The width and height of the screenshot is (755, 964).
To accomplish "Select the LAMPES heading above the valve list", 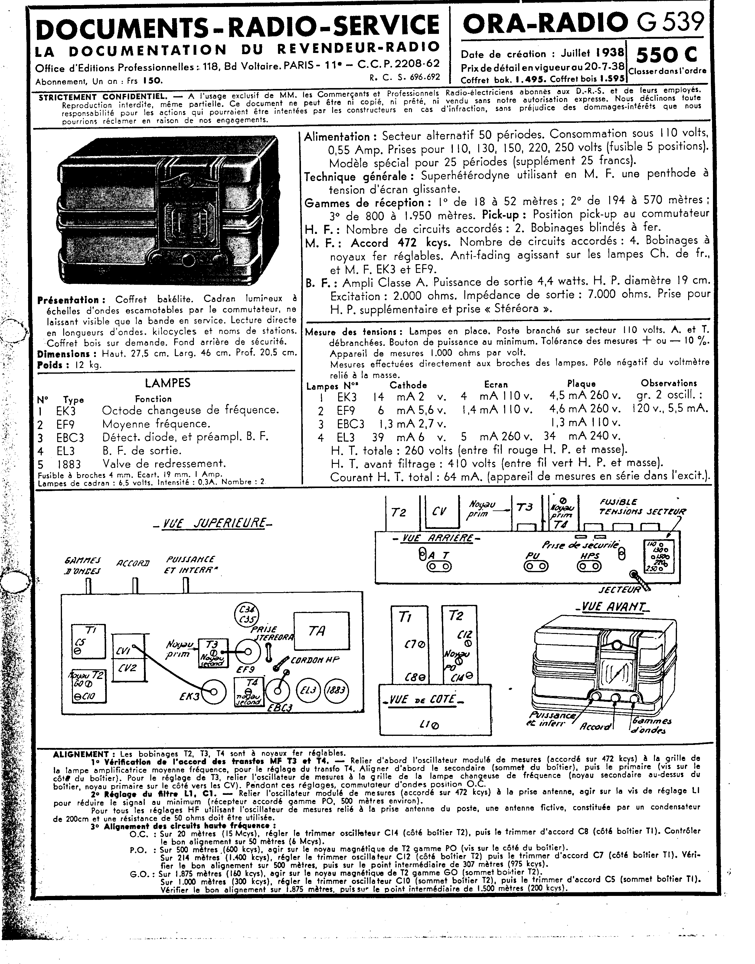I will click(168, 383).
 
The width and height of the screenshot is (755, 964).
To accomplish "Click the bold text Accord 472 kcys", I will click(400, 243).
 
